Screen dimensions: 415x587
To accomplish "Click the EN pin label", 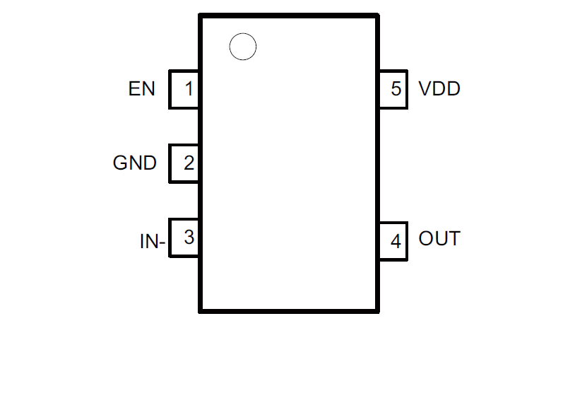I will [141, 89].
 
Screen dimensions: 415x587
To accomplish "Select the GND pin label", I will [134, 163].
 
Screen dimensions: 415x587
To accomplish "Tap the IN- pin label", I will [152, 242].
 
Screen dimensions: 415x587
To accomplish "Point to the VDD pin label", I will [439, 89].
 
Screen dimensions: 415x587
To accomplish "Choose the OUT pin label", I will [439, 239].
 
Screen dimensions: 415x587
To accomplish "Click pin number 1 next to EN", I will [188, 89].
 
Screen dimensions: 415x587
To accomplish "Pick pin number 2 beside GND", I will [188, 163].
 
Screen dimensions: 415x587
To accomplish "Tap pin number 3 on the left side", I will [188, 238].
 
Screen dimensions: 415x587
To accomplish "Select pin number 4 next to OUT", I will [396, 242].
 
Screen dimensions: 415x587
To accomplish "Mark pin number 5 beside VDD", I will [396, 89].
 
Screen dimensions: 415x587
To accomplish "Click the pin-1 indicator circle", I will [243, 47].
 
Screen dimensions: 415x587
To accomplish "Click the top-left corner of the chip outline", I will [201, 16].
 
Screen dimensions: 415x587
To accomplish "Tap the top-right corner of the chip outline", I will [377, 16].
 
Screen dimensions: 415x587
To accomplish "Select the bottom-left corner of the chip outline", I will [201, 310].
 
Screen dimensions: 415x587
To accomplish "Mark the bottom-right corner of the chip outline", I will [377, 310].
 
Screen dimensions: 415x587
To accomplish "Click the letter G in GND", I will [120, 163].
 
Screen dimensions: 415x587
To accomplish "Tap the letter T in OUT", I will [453, 239].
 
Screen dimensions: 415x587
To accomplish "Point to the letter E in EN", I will [134, 89].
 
